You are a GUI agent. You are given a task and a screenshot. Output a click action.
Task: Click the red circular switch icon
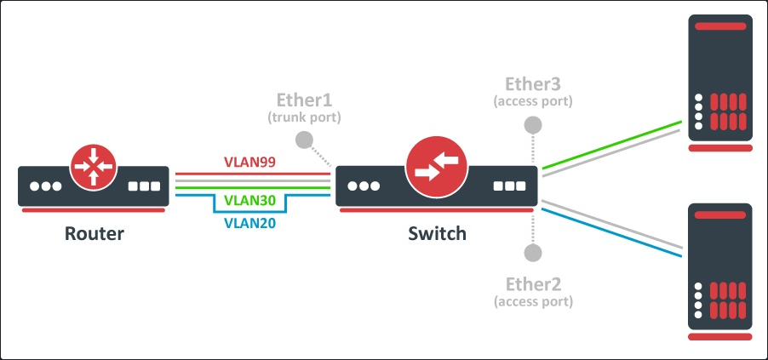coord(435,166)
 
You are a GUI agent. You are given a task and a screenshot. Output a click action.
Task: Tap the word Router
coord(94,233)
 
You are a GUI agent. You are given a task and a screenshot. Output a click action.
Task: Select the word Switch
coord(437,233)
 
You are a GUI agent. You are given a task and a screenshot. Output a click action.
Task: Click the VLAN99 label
coord(249,162)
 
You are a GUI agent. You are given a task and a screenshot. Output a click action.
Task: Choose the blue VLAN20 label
coord(249,225)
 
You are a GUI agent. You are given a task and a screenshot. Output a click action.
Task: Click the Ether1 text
coord(305,99)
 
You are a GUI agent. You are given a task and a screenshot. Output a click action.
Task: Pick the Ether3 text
coord(533,83)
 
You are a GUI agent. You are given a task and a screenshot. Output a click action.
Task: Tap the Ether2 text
coord(533,283)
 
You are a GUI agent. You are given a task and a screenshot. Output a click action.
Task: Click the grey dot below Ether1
coord(304,140)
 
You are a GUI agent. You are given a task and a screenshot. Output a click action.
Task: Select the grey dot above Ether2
coord(533,252)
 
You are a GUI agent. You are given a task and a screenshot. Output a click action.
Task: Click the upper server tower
coord(720,81)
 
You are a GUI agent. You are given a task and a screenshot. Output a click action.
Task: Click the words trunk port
coord(304,117)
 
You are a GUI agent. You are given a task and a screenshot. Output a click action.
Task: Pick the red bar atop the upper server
coord(720,26)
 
